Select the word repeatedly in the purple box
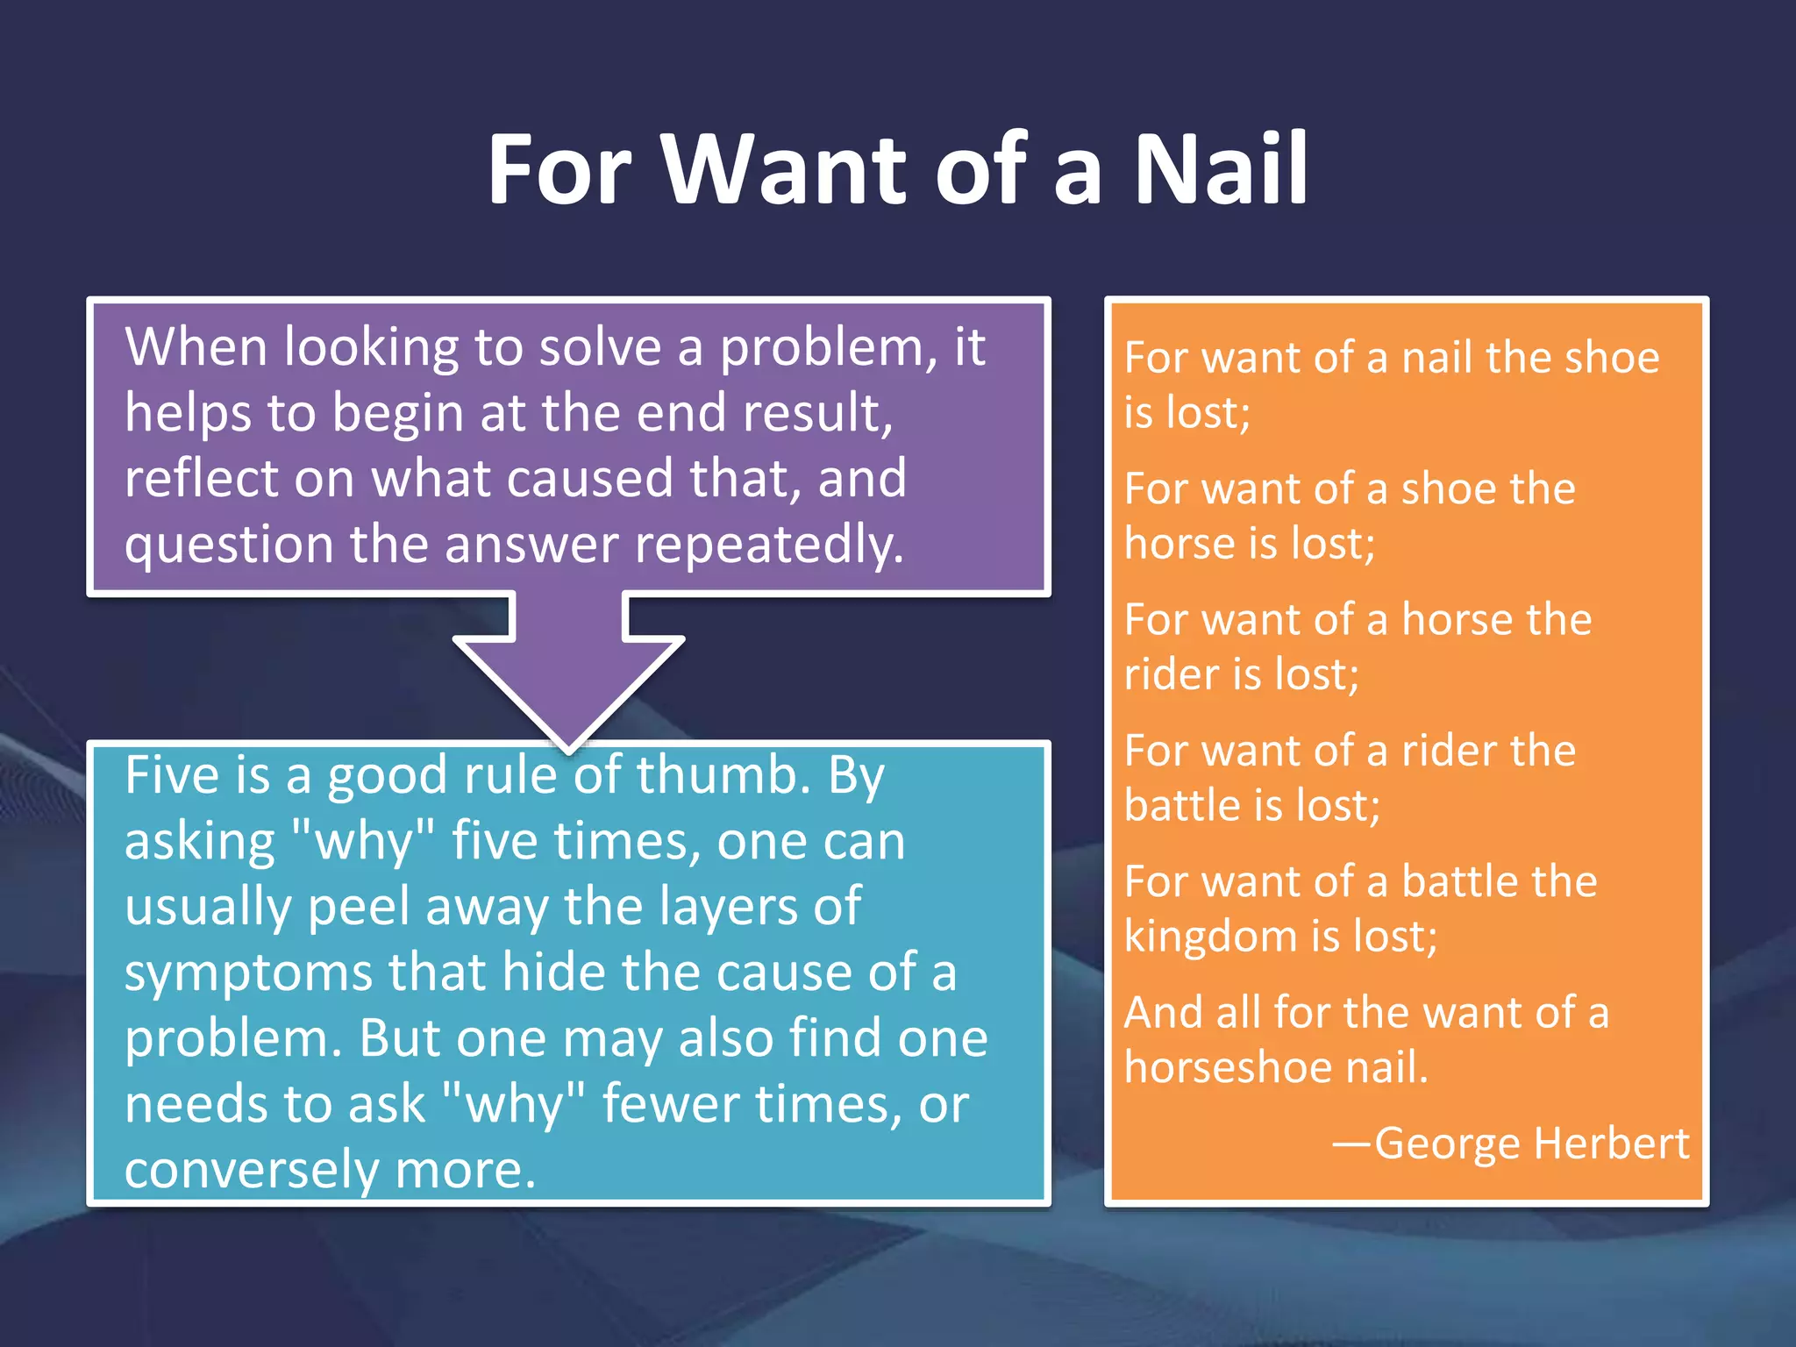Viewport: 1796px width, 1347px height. coord(768,545)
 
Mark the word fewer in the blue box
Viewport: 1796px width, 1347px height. coord(670,1104)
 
